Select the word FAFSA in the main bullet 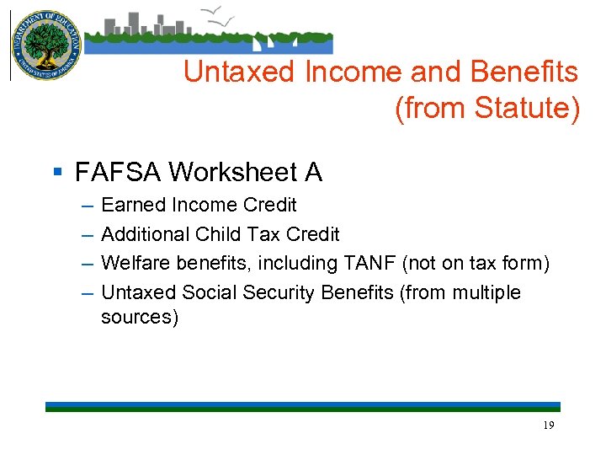click(117, 173)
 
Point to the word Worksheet click(231, 173)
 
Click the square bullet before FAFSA click(57, 173)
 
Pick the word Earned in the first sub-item click(133, 205)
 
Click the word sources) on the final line click(140, 318)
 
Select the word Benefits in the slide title click(524, 73)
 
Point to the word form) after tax click(525, 264)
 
